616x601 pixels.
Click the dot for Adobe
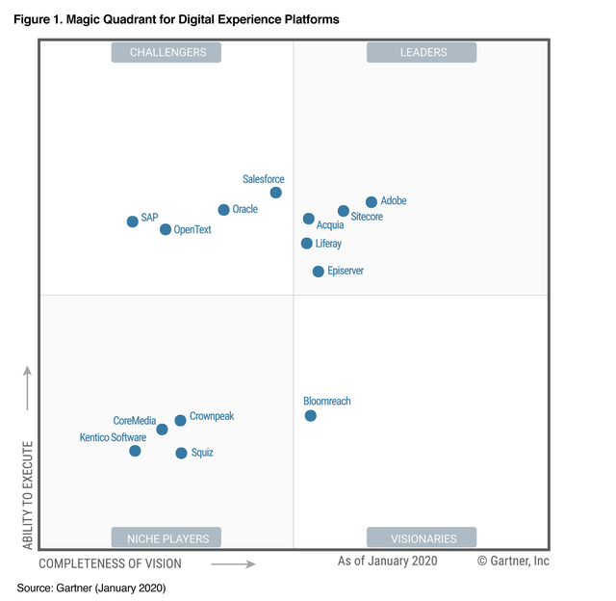[372, 202]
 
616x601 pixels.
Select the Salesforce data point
[276, 193]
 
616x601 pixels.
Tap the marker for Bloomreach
[311, 416]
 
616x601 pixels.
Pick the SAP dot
[133, 222]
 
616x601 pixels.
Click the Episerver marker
[319, 272]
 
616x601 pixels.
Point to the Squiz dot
[181, 453]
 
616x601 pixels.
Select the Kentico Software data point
[135, 451]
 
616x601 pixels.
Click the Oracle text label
[244, 209]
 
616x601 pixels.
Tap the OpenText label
[192, 230]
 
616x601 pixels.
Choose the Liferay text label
[328, 244]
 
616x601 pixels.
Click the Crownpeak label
[212, 416]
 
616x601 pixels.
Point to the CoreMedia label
[134, 420]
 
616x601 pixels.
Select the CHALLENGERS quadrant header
[167, 52]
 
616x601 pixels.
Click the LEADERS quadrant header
[423, 52]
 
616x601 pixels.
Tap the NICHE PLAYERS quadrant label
[167, 537]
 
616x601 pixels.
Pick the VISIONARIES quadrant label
[423, 537]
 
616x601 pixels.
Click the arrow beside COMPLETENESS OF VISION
[233, 564]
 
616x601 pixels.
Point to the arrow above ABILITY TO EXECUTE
[28, 387]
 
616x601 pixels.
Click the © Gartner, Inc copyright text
[513, 561]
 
